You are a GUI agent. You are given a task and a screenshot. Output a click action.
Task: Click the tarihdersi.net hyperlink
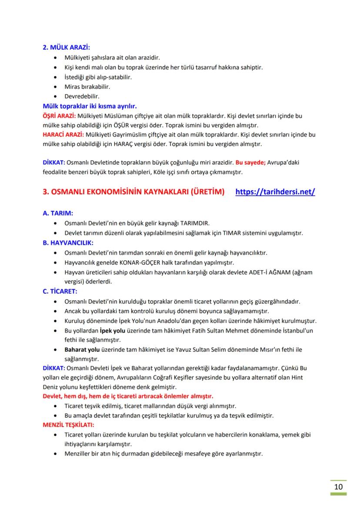coord(275,192)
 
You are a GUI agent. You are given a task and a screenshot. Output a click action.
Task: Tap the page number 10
coord(338,486)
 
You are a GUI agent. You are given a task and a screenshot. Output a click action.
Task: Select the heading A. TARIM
coord(58,213)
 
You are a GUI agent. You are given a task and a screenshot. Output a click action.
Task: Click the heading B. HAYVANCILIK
coord(68,243)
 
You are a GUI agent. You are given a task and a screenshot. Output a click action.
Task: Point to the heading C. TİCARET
coord(60,291)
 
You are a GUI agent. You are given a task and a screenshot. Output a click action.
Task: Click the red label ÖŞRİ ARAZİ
coord(59,116)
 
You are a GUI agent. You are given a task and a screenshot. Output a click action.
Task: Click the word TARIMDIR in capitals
coord(195,223)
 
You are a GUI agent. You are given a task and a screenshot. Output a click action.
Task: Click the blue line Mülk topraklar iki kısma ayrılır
coord(90,106)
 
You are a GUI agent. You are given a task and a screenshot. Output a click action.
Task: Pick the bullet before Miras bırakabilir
coord(54,87)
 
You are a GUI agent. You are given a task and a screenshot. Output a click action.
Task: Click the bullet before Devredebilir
coord(54,96)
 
